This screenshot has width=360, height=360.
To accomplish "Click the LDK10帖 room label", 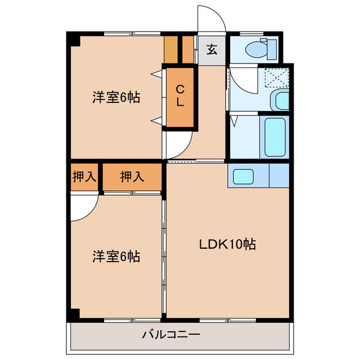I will point(228,244).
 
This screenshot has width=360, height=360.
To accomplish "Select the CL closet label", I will point(180,96).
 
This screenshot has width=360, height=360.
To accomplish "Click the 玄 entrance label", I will point(211,49).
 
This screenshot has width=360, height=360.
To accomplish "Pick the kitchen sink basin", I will point(247,175).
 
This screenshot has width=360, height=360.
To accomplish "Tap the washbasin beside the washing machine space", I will point(280,101).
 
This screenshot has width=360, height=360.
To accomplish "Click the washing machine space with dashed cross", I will point(277,76).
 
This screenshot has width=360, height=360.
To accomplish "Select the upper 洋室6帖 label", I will point(116,97).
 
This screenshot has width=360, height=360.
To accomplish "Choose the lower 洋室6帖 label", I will point(116,256).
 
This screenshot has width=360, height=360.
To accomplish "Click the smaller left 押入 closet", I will point(84,177).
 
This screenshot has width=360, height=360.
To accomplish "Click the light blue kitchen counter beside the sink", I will point(279,175).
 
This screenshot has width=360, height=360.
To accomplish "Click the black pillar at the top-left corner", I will point(73,40).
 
